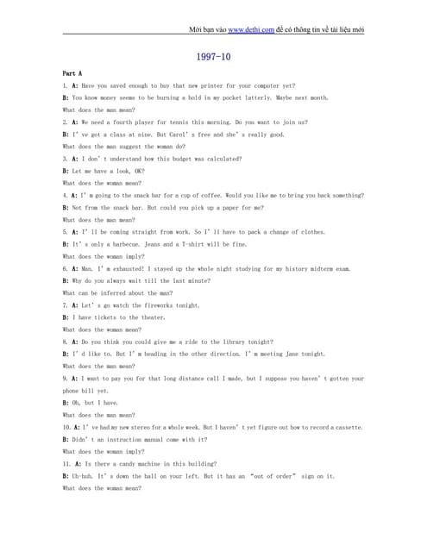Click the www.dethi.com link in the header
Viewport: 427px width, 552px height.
250,29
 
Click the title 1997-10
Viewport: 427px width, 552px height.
213,57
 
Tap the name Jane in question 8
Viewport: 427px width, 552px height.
286,354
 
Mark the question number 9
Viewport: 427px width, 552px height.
65,379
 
